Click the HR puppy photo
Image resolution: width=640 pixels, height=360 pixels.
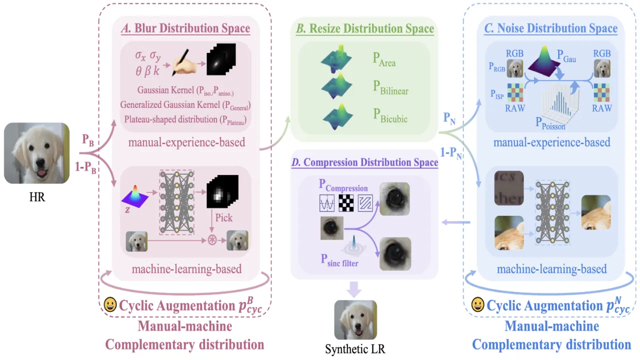tap(36, 153)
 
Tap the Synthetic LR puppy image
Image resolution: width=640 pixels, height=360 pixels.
tap(355, 319)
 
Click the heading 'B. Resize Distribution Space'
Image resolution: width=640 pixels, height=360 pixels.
tap(364, 29)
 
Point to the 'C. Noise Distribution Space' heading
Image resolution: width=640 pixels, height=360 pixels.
tap(550, 28)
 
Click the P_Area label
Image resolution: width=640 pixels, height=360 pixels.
tap(384, 59)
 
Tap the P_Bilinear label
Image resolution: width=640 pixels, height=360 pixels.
tap(390, 87)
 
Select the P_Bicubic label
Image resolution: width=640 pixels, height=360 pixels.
tap(390, 115)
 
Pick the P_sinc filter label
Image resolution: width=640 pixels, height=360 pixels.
tap(339, 260)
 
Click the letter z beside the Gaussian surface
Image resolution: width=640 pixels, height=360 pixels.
tap(127, 210)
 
